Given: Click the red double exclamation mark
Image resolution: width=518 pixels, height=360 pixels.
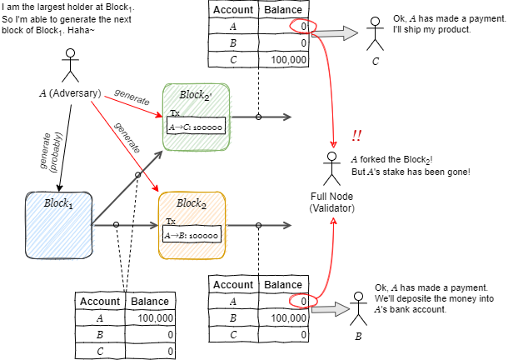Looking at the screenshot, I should click(356, 136).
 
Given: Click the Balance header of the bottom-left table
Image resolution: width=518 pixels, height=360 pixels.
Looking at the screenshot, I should click(150, 301).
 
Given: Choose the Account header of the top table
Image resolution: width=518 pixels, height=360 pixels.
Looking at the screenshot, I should click(233, 10).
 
